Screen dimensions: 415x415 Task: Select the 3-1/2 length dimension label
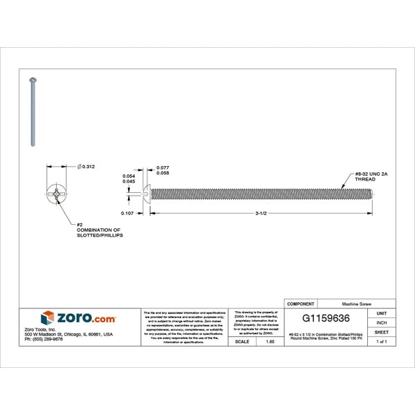pyautogui.click(x=261, y=214)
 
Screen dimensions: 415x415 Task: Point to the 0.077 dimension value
pyautogui.click(x=163, y=168)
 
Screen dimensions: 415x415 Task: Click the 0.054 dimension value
pyautogui.click(x=129, y=176)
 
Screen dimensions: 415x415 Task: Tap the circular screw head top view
pyautogui.click(x=57, y=194)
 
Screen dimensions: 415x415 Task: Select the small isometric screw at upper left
pyautogui.click(x=33, y=111)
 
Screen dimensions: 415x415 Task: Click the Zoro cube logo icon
pyautogui.click(x=47, y=318)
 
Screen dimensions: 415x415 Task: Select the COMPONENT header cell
pyautogui.click(x=301, y=304)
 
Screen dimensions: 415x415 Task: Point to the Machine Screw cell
pyautogui.click(x=357, y=304)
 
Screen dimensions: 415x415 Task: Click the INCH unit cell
pyautogui.click(x=381, y=323)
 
